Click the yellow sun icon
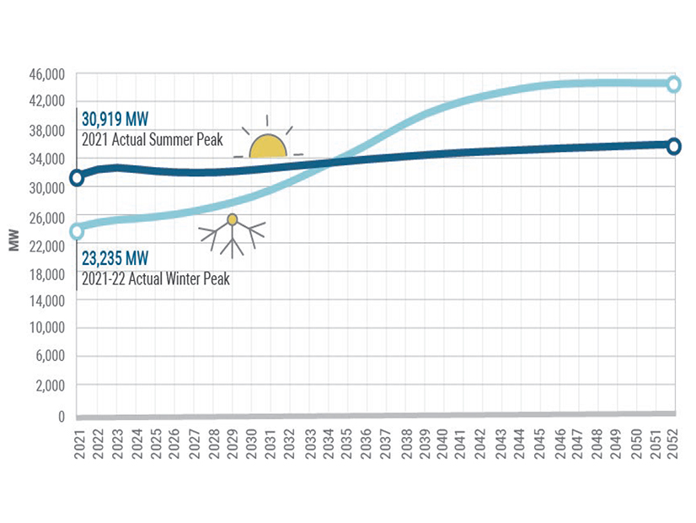pos(269,145)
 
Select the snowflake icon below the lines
pos(233,234)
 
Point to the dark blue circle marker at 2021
pos(77,178)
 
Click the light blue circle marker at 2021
pos(77,231)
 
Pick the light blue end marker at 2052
pos(674,84)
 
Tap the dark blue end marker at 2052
pos(674,146)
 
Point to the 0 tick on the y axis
pos(61,417)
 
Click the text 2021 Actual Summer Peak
pos(153,140)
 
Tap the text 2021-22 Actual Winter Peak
pos(156,276)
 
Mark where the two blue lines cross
pos(330,160)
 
